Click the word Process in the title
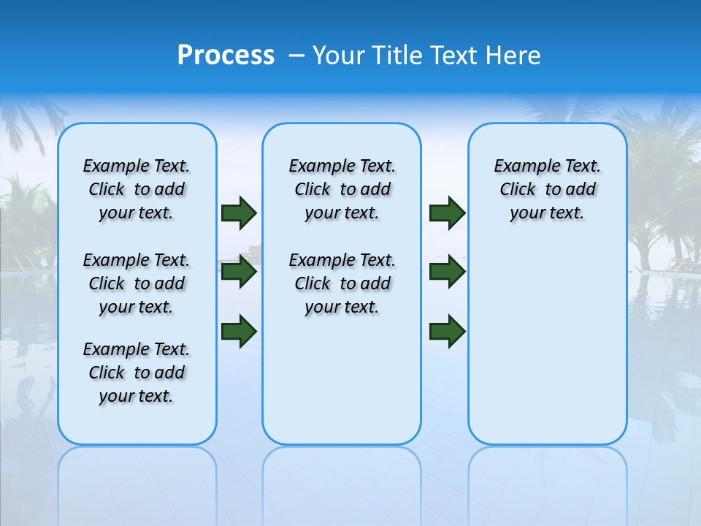pos(225,56)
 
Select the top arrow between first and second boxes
pos(239,213)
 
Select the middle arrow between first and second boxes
pos(239,272)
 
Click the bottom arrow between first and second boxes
pos(239,331)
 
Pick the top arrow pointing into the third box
pos(447,213)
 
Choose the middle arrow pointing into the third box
pos(447,272)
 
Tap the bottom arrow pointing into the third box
pos(447,331)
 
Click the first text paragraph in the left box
pos(137,189)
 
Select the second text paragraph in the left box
pos(137,283)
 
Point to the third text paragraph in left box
pos(137,373)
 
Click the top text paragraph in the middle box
pos(342,189)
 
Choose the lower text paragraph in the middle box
pos(342,283)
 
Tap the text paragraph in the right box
pos(547,189)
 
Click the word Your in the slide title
pos(337,56)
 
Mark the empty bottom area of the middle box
pos(342,387)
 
